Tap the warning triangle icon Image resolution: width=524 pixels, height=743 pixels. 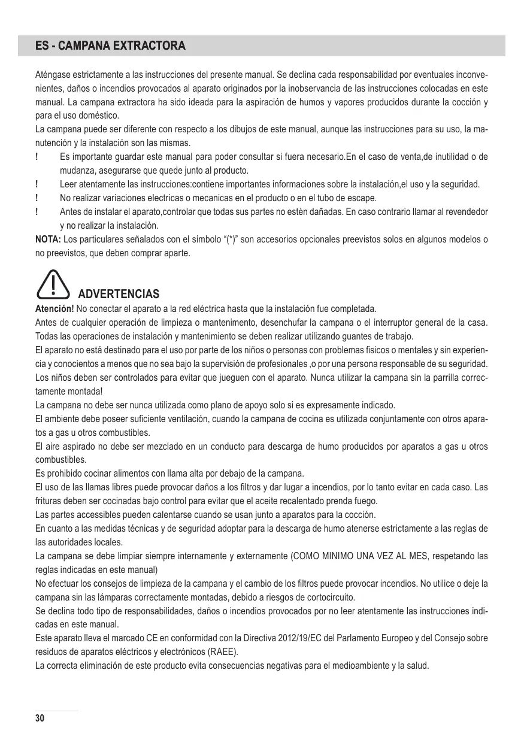point(54,284)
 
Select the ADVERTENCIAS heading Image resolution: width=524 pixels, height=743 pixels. point(119,294)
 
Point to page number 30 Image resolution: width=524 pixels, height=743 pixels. point(40,718)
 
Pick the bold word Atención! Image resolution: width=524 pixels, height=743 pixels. point(54,309)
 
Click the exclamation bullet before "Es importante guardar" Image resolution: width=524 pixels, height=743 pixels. point(38,157)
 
